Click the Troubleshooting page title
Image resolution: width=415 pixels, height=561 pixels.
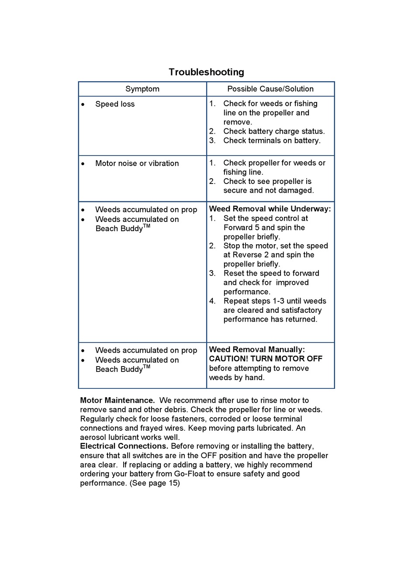tap(206, 72)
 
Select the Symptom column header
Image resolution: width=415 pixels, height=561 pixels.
tap(142, 89)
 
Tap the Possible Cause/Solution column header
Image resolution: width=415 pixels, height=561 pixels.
tap(270, 89)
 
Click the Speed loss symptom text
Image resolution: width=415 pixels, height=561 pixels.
tap(115, 104)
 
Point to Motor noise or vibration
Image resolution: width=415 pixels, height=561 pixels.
tap(137, 163)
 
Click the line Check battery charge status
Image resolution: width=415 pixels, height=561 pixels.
tap(274, 131)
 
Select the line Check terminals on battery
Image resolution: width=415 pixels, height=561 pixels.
tap(272, 140)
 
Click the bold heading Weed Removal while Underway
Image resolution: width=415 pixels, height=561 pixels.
tap(270, 209)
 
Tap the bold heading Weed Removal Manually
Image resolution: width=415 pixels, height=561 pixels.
tap(257, 350)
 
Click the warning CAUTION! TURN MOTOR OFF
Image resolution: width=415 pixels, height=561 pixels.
tap(266, 359)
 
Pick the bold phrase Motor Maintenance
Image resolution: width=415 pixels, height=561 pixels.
tap(117, 400)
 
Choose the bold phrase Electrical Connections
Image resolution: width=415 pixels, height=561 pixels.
tap(124, 446)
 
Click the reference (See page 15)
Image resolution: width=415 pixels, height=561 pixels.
tap(155, 483)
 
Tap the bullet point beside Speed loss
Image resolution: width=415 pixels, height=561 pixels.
tap(83, 104)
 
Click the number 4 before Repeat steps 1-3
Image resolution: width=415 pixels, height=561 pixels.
tap(212, 301)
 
